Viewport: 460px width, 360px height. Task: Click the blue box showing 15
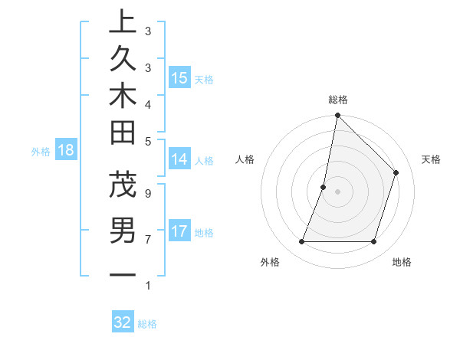(179, 77)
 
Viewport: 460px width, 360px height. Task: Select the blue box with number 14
(179, 159)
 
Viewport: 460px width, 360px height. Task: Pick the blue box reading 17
(179, 231)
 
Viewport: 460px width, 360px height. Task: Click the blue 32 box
(123, 322)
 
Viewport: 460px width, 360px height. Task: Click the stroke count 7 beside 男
(147, 239)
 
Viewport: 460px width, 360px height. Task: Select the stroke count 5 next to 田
(147, 140)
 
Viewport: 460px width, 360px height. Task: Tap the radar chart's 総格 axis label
(337, 100)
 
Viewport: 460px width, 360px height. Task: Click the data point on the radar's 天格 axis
(396, 172)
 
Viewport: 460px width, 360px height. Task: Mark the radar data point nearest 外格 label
(301, 242)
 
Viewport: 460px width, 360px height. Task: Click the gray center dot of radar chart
(337, 191)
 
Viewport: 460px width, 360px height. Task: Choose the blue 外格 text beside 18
(41, 152)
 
